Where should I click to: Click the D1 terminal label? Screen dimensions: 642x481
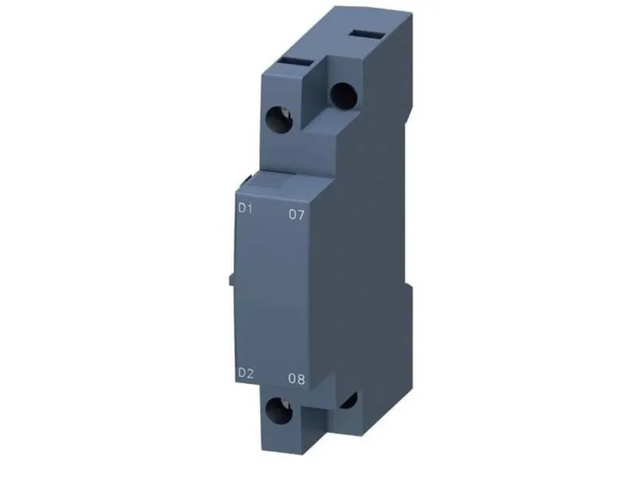tap(246, 208)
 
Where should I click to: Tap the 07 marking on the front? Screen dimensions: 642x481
tap(296, 214)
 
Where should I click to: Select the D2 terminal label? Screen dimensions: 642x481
tap(246, 373)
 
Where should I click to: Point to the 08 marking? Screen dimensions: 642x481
tap(296, 378)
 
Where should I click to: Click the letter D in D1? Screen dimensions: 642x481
tap(242, 208)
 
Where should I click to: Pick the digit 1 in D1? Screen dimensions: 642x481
tap(250, 208)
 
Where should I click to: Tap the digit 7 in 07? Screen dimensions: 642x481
tap(301, 215)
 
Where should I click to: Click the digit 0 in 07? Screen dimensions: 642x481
tap(292, 214)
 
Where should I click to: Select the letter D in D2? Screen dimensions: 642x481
tap(242, 373)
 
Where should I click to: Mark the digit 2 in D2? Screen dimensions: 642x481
tap(250, 373)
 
